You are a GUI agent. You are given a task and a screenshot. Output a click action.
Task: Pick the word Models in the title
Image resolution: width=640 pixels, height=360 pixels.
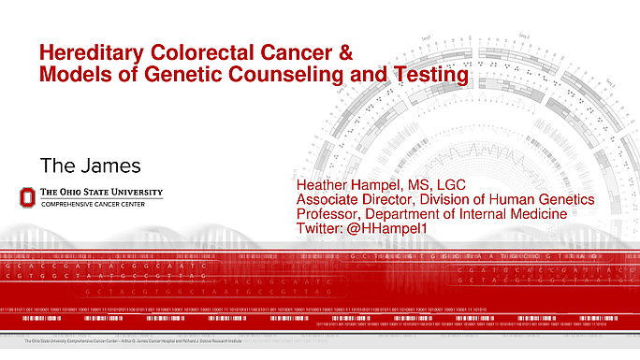tap(71, 73)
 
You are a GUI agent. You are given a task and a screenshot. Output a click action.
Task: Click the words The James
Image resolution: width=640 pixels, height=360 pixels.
tap(90, 165)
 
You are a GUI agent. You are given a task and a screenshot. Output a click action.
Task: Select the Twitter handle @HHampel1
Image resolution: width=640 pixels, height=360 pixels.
tap(374, 229)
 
